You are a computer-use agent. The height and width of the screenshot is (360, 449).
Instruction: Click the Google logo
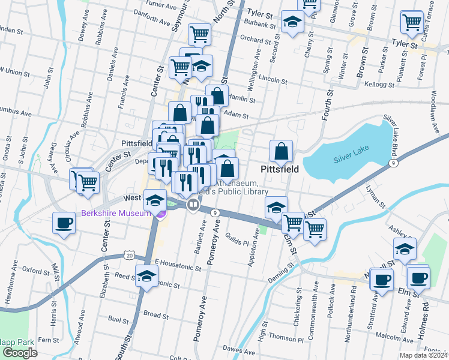[x=20, y=352]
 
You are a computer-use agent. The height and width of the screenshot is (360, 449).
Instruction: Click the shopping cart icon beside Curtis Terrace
[x=412, y=22]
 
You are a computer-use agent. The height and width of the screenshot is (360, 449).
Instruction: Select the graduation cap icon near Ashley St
[x=405, y=249]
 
